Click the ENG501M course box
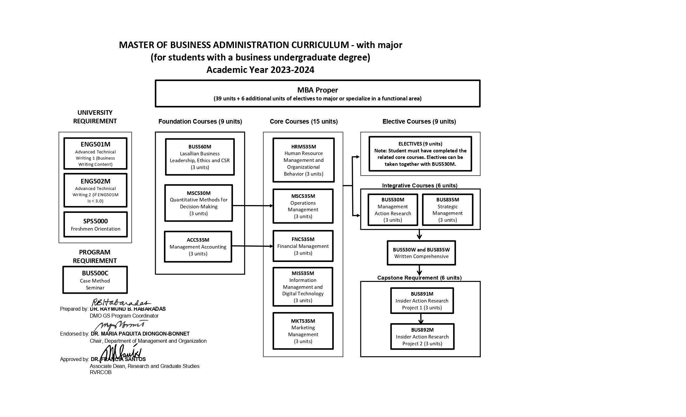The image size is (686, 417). pos(95,153)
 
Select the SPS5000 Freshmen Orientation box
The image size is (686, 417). pos(95,224)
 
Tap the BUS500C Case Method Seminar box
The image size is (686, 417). pos(95,280)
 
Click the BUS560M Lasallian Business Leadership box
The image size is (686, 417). pos(200,157)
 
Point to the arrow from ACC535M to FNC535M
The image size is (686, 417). pos(252,246)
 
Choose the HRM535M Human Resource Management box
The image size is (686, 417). pos(303,160)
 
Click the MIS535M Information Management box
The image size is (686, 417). pos(303,287)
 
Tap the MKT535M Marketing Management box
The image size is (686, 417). pos(303,331)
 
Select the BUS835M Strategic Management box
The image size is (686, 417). pos(447,210)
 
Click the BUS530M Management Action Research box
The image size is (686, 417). pos(393,210)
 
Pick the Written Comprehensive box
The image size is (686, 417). pos(421,253)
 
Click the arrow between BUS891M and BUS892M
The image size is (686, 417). pos(421,319)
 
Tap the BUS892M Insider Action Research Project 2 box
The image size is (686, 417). pos(422,337)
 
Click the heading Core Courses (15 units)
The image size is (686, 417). pos(303,121)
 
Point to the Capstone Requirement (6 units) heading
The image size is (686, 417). pos(419,278)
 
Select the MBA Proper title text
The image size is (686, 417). pos(317,90)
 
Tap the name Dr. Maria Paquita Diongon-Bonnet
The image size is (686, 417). pos(140,334)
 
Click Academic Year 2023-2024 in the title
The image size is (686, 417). pos(260,70)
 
